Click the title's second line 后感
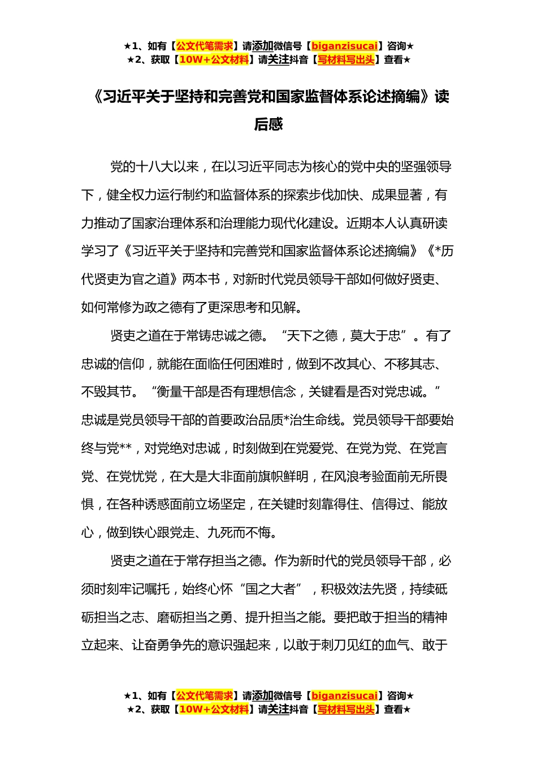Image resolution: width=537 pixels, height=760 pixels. click(x=268, y=124)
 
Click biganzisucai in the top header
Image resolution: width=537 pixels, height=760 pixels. click(x=344, y=46)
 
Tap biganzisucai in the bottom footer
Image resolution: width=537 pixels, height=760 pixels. click(x=344, y=696)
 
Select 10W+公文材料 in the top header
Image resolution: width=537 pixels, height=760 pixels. click(x=214, y=60)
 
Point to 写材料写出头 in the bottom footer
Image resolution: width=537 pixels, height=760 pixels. click(x=345, y=710)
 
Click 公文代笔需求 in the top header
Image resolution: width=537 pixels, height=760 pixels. click(x=204, y=46)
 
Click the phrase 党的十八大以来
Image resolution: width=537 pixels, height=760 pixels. click(x=154, y=167)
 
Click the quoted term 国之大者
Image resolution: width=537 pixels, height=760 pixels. click(x=270, y=589)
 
